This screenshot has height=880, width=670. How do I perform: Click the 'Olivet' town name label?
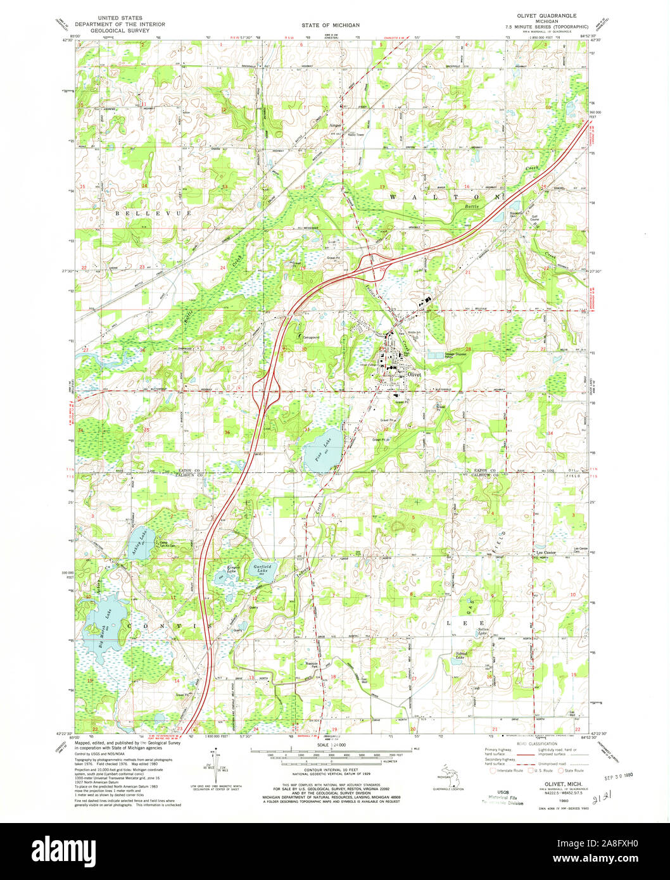click(x=414, y=374)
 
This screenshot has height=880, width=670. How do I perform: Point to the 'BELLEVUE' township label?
click(x=153, y=214)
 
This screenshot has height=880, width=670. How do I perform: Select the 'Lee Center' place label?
click(x=545, y=553)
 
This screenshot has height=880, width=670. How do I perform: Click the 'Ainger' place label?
click(x=335, y=125)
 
